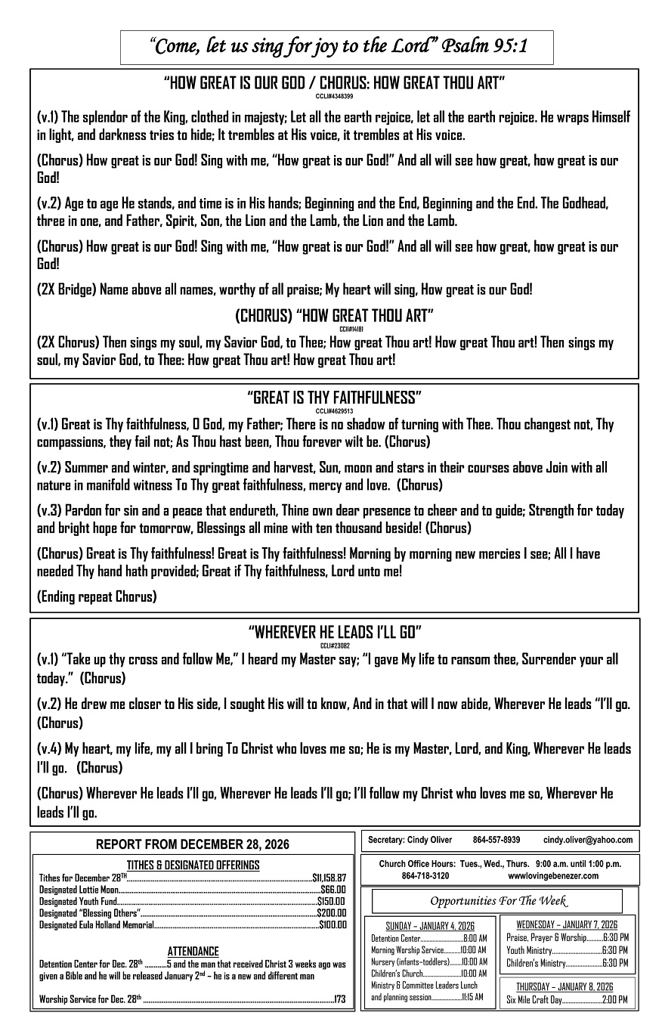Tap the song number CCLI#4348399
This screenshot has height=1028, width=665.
[x=334, y=97]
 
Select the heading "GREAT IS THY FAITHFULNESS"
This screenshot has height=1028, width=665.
[x=334, y=398]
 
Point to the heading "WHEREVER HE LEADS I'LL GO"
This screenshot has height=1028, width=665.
[x=334, y=632]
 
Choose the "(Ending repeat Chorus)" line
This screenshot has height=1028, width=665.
[x=97, y=596]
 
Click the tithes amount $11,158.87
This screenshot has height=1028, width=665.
[x=329, y=878]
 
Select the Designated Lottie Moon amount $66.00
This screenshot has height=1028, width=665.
[x=332, y=890]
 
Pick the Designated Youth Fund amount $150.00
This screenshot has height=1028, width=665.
[x=331, y=901]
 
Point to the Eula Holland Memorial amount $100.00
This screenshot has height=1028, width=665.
[x=332, y=924]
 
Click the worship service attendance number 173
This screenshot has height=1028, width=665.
[x=339, y=999]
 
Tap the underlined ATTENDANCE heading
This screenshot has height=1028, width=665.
[x=193, y=952]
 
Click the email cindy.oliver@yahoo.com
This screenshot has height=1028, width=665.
[x=588, y=840]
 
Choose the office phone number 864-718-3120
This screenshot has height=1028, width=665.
[x=425, y=875]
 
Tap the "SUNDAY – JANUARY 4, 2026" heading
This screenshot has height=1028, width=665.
[x=430, y=926]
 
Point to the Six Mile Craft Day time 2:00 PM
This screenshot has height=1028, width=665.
[x=615, y=1000]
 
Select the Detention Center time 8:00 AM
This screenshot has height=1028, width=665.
[x=475, y=938]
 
